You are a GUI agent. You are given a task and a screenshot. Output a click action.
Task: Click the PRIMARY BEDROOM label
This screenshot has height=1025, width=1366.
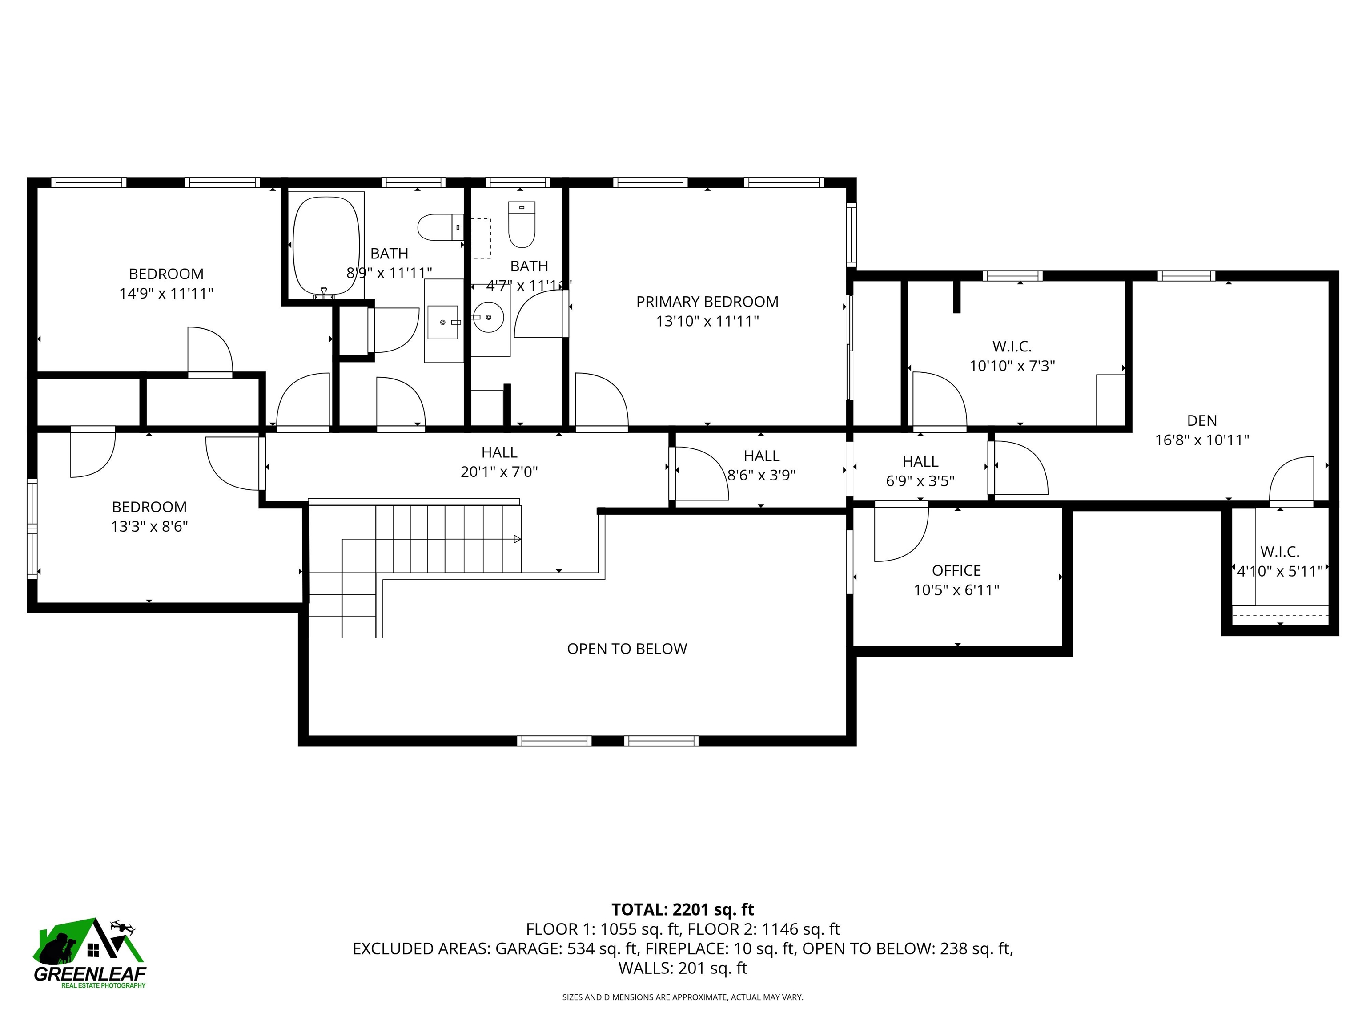pyautogui.click(x=707, y=302)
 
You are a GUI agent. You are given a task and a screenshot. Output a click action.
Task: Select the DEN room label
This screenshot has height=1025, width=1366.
pyautogui.click(x=1202, y=421)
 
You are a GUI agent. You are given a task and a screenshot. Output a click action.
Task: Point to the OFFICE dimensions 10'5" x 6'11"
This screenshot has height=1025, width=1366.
pyautogui.click(x=956, y=590)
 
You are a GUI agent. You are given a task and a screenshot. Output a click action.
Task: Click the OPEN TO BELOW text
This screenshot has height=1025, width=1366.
pyautogui.click(x=627, y=649)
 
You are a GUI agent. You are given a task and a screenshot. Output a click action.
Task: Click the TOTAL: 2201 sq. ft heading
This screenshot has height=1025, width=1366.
pyautogui.click(x=683, y=909)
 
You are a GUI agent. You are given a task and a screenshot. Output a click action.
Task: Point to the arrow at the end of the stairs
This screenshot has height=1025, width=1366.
pyautogui.click(x=518, y=539)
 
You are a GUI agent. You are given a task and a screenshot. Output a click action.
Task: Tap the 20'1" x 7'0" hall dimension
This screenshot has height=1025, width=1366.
pyautogui.click(x=499, y=472)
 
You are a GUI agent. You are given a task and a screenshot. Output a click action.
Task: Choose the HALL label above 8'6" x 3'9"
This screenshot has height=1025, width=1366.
pyautogui.click(x=761, y=456)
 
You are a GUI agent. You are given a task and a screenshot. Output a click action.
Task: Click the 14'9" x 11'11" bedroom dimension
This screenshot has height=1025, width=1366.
pyautogui.click(x=166, y=294)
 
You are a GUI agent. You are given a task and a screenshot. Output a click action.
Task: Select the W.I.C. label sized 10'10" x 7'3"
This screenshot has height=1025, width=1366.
pyautogui.click(x=1012, y=346)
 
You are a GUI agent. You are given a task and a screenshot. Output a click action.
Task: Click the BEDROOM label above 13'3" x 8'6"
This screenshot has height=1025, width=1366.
pyautogui.click(x=149, y=507)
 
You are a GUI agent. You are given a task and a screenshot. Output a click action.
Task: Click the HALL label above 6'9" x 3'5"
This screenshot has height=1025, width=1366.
pyautogui.click(x=920, y=461)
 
